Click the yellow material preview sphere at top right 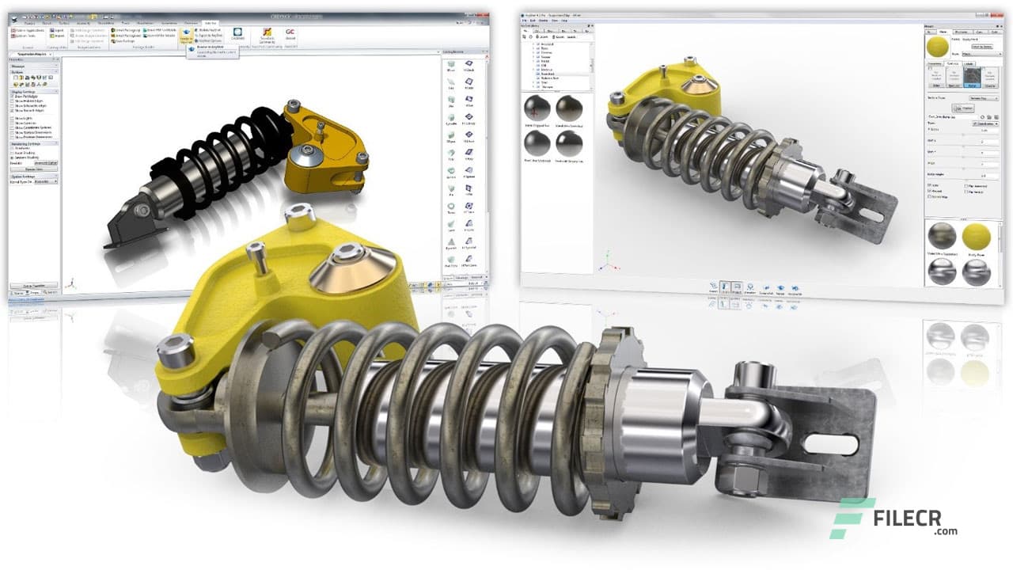(x=940, y=47)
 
